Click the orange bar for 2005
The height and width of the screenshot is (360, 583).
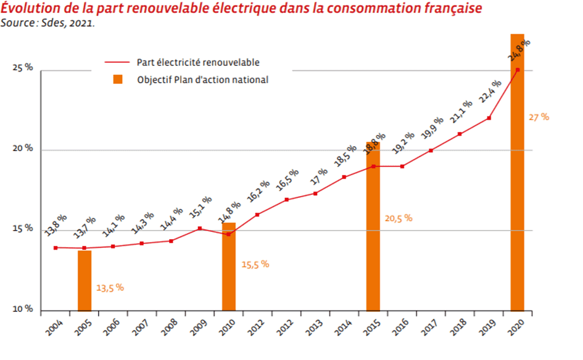point(85,280)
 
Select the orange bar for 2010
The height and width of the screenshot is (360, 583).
point(229,266)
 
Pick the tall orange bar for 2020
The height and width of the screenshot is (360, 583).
point(518,173)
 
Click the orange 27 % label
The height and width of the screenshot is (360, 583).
point(539,117)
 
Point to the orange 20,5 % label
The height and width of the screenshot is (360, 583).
point(398,218)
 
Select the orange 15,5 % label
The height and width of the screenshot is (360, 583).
point(254,264)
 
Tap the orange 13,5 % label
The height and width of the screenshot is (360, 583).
point(110,287)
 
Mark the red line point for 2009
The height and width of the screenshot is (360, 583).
point(200,229)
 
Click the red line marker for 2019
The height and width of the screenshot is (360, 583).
point(489,118)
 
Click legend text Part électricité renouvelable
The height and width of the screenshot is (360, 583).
point(198,62)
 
